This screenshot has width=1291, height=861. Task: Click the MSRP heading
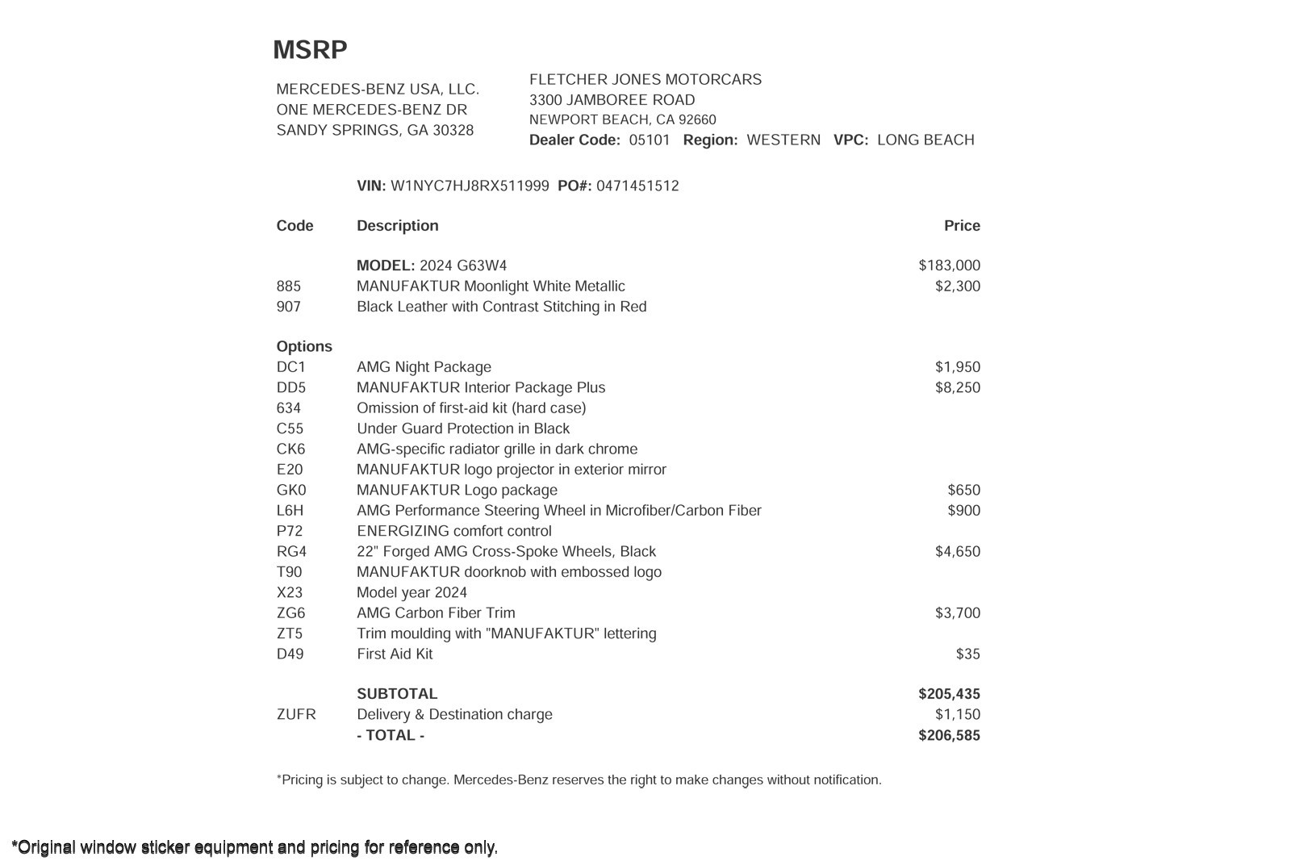pyautogui.click(x=310, y=50)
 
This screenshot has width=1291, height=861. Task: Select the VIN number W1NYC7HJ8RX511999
pyautogui.click(x=470, y=186)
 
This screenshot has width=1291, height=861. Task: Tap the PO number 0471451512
pyautogui.click(x=637, y=186)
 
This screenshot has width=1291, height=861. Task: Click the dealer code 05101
pyautogui.click(x=650, y=140)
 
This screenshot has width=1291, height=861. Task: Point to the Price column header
pyautogui.click(x=962, y=226)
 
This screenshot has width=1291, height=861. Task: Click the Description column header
pyautogui.click(x=398, y=226)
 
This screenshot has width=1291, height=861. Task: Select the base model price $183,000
pyautogui.click(x=949, y=265)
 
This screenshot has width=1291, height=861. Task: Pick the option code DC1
pyautogui.click(x=291, y=367)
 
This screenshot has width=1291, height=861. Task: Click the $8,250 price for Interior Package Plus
pyautogui.click(x=958, y=388)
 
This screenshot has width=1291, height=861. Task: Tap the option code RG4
pyautogui.click(x=291, y=552)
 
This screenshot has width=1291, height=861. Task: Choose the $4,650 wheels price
pyautogui.click(x=958, y=552)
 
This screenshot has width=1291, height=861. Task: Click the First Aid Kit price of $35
pyautogui.click(x=967, y=654)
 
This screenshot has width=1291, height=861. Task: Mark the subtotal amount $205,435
pyautogui.click(x=949, y=694)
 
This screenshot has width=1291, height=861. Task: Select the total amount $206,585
pyautogui.click(x=949, y=735)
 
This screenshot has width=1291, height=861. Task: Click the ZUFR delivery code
pyautogui.click(x=296, y=715)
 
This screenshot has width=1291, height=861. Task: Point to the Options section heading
pyautogui.click(x=304, y=347)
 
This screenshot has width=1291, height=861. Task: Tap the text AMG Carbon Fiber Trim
pyautogui.click(x=436, y=613)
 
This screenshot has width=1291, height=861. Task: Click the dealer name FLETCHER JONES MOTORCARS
pyautogui.click(x=645, y=80)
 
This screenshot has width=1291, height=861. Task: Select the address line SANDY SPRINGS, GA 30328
pyautogui.click(x=375, y=131)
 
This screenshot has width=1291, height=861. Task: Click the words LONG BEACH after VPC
pyautogui.click(x=925, y=140)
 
